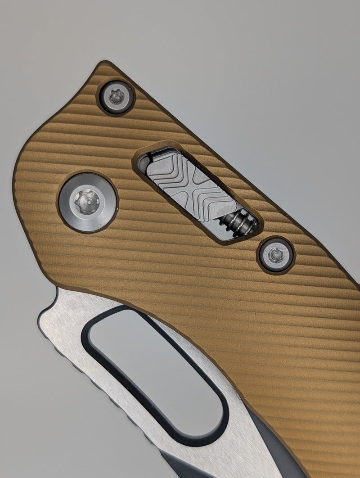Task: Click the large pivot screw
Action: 88,203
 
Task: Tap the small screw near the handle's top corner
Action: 117,97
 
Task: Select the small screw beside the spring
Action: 274,255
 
